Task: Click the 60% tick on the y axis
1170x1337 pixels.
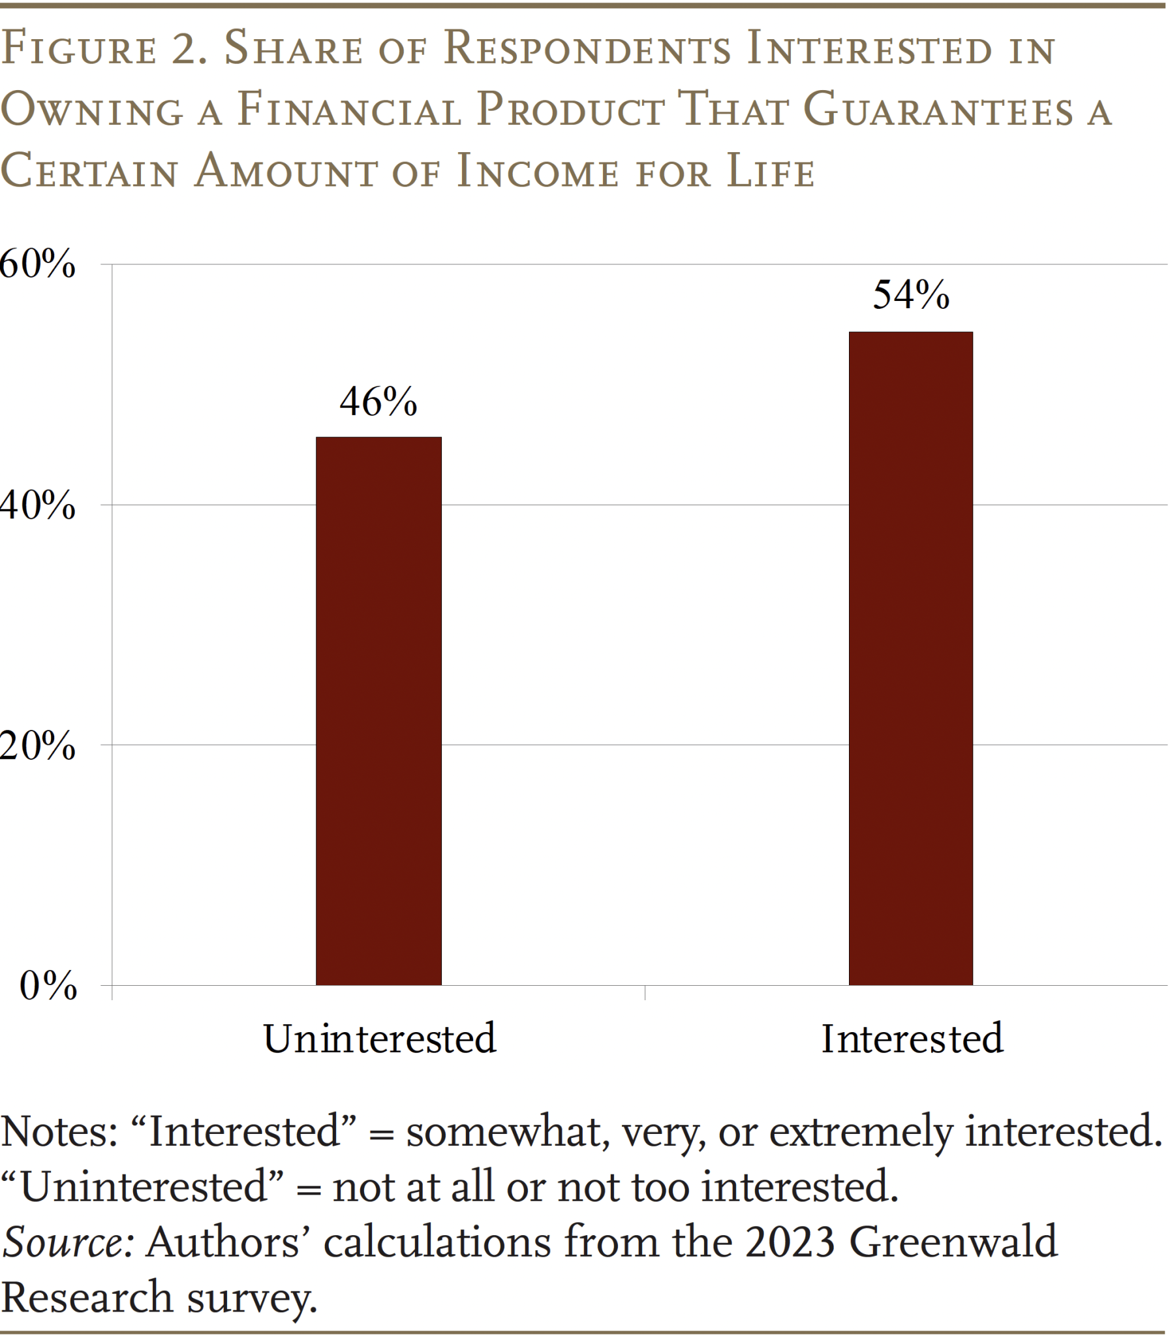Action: click(x=37, y=264)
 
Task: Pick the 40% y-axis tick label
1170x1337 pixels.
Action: click(x=37, y=505)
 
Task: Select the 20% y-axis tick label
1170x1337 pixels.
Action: click(x=37, y=746)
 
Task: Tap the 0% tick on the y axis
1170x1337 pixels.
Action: click(x=48, y=985)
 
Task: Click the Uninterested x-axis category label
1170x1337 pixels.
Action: click(x=379, y=1039)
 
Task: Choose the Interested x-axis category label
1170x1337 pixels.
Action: click(x=912, y=1039)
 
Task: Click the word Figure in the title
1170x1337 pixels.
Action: click(x=79, y=50)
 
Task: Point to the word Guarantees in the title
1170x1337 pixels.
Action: click(x=938, y=110)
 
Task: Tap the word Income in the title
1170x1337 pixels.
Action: click(x=536, y=171)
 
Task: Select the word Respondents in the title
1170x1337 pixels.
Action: click(x=587, y=50)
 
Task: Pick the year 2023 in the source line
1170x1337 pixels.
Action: click(x=790, y=1242)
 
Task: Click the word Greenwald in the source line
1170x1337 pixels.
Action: click(x=953, y=1242)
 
